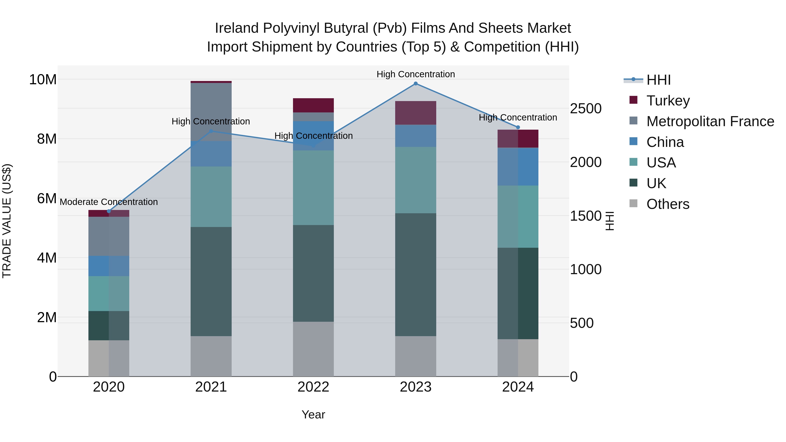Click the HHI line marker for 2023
point(415,84)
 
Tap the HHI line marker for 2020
point(109,211)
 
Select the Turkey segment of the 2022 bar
point(313,105)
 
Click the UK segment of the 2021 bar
point(211,281)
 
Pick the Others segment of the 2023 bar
point(415,356)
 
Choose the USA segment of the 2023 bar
point(415,180)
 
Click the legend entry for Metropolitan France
point(710,121)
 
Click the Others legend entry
point(668,204)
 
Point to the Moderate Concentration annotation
point(109,202)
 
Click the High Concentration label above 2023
point(415,74)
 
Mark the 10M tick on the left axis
point(43,80)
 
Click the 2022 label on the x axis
point(313,387)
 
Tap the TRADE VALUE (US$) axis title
point(7,221)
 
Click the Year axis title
point(313,414)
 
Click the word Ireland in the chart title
point(237,28)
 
